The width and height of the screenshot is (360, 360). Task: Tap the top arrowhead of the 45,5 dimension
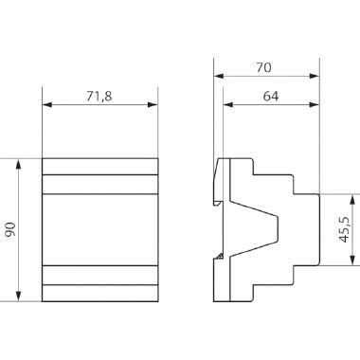352,197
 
